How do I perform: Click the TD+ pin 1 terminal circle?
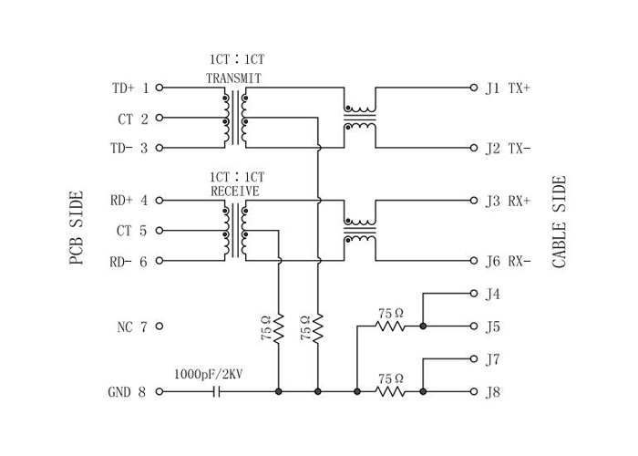[x=159, y=88]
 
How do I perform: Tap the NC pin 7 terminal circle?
[x=159, y=326]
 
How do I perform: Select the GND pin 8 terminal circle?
[x=159, y=391]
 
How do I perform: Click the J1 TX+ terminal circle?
[x=474, y=88]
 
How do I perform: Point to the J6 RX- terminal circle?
[x=474, y=261]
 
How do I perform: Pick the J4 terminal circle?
[x=474, y=293]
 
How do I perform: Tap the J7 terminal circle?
[x=474, y=358]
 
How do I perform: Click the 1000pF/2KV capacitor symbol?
[x=217, y=391]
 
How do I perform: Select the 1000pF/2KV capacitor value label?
[x=209, y=374]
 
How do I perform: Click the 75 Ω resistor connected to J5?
[x=390, y=326]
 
